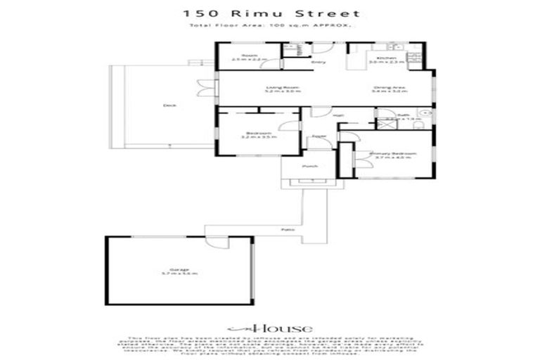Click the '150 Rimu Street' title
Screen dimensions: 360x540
tap(270, 13)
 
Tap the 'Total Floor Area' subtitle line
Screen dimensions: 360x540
tap(270, 25)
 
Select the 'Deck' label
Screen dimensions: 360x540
tap(168, 105)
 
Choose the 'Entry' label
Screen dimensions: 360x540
tap(318, 63)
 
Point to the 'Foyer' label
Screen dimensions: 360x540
tap(318, 135)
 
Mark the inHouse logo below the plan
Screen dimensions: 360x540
tap(270, 328)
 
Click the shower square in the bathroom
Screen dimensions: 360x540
tap(383, 115)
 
